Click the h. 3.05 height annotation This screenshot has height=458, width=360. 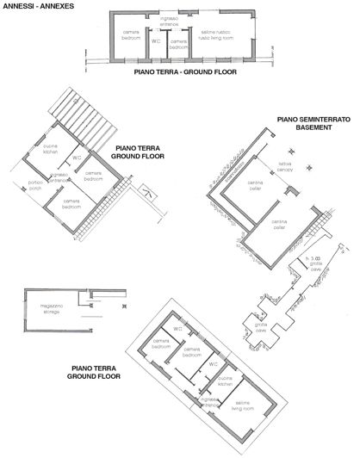click(314, 257)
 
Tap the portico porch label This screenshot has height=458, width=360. click(35, 184)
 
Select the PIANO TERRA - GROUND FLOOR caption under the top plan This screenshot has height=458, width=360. click(184, 73)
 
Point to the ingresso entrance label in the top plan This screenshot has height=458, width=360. click(168, 21)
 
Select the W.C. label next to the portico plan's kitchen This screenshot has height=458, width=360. click(77, 158)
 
